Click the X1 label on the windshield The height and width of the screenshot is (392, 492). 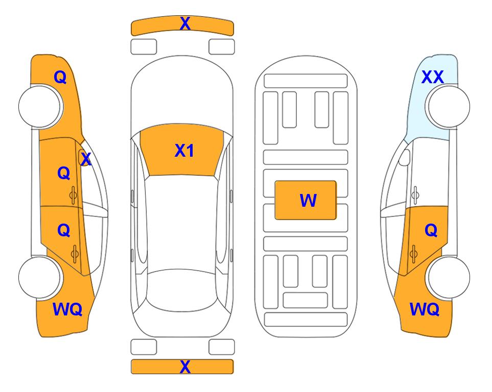click(x=184, y=151)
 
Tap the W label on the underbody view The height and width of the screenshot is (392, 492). click(x=308, y=201)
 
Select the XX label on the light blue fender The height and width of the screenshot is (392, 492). click(x=432, y=77)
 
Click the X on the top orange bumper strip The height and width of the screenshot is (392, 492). click(x=185, y=23)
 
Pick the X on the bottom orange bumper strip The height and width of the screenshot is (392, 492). click(x=185, y=366)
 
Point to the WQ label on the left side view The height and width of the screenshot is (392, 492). click(x=67, y=309)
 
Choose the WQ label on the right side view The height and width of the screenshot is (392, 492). click(x=425, y=309)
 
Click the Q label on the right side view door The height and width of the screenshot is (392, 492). click(x=431, y=231)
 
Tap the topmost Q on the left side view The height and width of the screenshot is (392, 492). click(x=60, y=77)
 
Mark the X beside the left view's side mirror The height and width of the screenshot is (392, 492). click(x=86, y=159)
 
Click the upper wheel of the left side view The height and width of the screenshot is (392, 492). click(x=39, y=107)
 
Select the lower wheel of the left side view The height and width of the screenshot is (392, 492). click(x=39, y=277)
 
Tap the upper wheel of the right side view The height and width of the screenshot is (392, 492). click(x=449, y=107)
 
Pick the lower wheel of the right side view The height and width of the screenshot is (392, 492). click(x=449, y=277)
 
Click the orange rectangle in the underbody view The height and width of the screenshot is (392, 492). click(x=306, y=200)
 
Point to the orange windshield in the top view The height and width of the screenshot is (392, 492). click(x=182, y=150)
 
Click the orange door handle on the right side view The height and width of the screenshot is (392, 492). click(x=414, y=254)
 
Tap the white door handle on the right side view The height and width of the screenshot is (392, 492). click(x=415, y=195)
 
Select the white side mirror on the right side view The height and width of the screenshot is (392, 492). click(x=405, y=157)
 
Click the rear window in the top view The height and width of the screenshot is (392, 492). click(x=181, y=290)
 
